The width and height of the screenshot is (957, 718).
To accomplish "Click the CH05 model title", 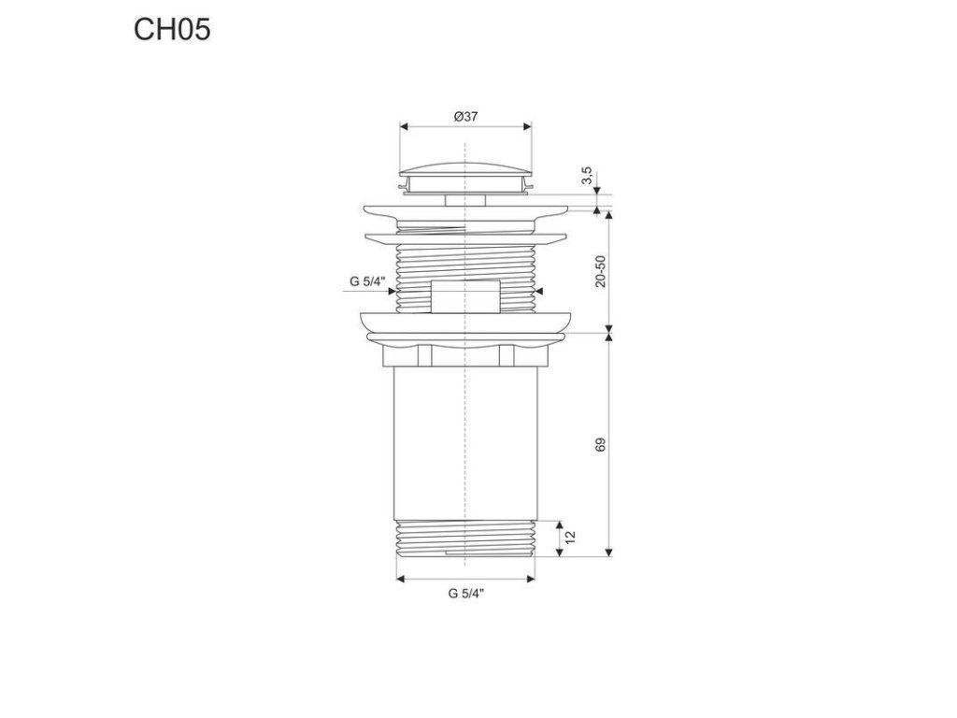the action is [x=172, y=29].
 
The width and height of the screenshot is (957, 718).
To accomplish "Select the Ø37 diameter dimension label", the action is [x=465, y=117].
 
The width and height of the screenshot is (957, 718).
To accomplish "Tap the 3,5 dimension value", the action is [x=587, y=176].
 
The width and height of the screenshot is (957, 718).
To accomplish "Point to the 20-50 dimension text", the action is [x=601, y=271].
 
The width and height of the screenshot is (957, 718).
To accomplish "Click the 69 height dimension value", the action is [x=601, y=444].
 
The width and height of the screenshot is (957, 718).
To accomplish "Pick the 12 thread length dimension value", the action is [x=571, y=538].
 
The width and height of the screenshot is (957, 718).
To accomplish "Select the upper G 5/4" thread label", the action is [x=368, y=281].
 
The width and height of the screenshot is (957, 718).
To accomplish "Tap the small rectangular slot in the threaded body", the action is [x=465, y=296].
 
